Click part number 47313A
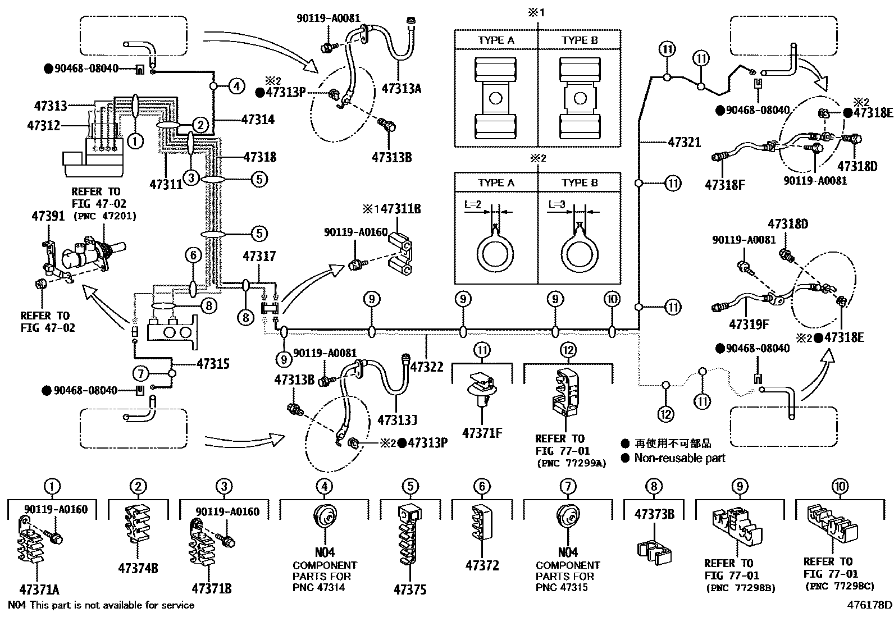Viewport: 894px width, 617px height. [x=401, y=88]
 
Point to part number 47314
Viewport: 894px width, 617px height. [x=258, y=120]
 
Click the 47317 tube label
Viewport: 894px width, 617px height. [x=259, y=256]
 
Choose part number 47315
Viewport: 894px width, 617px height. [x=213, y=364]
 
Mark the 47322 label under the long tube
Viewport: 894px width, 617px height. [x=427, y=367]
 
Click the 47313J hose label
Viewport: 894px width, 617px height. [x=397, y=420]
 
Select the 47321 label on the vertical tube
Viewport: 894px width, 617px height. [x=684, y=142]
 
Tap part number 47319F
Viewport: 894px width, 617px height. [x=748, y=324]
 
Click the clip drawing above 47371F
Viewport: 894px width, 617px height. [x=481, y=388]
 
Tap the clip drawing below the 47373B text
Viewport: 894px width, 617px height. [x=654, y=551]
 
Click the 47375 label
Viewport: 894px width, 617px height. [x=410, y=589]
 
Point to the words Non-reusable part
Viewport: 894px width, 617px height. [x=679, y=458]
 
